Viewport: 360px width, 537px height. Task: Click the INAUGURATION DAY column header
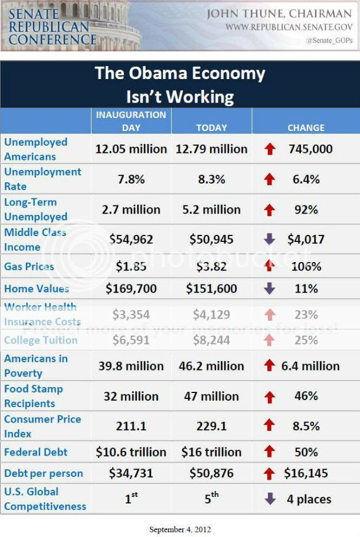pyautogui.click(x=131, y=120)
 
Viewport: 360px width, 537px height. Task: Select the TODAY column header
pyautogui.click(x=211, y=127)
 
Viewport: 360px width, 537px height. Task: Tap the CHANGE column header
pyautogui.click(x=306, y=127)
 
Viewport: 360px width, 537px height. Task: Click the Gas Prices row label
pyautogui.click(x=29, y=267)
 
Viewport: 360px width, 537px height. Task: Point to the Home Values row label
pyautogui.click(x=36, y=289)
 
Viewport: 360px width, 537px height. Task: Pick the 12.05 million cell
pyautogui.click(x=131, y=149)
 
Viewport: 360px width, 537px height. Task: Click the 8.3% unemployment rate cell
pyautogui.click(x=211, y=179)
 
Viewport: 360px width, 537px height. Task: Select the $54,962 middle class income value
pyautogui.click(x=131, y=239)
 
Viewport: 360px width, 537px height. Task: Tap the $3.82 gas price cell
pyautogui.click(x=211, y=267)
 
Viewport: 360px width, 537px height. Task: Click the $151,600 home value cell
pyautogui.click(x=211, y=289)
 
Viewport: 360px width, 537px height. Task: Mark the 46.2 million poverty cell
pyautogui.click(x=211, y=366)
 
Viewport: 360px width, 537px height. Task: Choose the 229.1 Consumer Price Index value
pyautogui.click(x=211, y=426)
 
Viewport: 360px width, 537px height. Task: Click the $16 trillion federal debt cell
pyautogui.click(x=211, y=452)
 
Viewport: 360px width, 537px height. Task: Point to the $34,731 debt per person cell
pyautogui.click(x=131, y=473)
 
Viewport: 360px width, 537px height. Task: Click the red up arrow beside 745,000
pyautogui.click(x=270, y=149)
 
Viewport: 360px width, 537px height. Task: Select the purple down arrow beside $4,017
pyautogui.click(x=270, y=240)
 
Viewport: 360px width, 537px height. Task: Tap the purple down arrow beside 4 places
pyautogui.click(x=270, y=499)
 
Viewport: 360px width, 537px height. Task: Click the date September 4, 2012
pyautogui.click(x=179, y=529)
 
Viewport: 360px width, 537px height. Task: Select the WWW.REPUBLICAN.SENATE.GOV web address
pyautogui.click(x=289, y=27)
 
